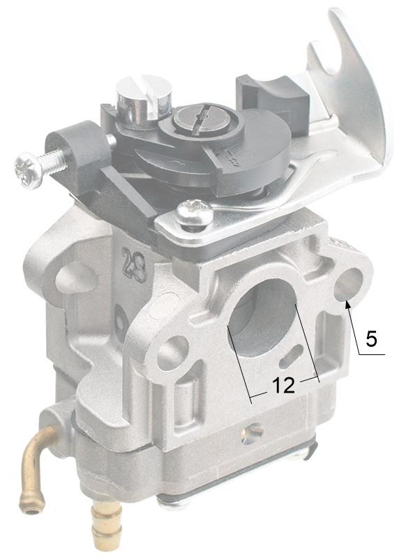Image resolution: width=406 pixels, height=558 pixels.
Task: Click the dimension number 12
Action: [x=284, y=385]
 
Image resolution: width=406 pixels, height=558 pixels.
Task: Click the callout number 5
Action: [x=371, y=338]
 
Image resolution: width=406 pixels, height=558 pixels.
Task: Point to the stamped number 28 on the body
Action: [x=134, y=264]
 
